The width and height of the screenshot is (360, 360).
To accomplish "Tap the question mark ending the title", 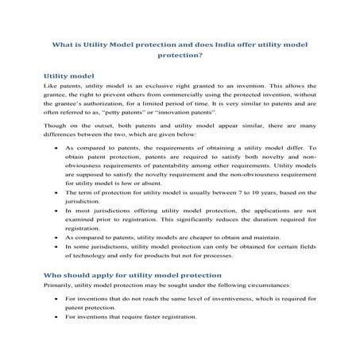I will point(203,57).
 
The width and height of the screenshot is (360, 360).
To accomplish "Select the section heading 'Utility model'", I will point(70,76).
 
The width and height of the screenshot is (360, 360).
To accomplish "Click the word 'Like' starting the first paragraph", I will point(49,87).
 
